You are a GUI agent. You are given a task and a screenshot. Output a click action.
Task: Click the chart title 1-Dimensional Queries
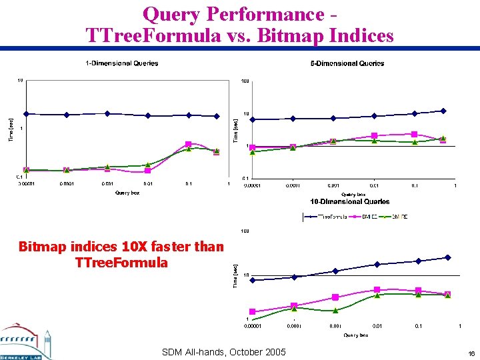(x=121, y=63)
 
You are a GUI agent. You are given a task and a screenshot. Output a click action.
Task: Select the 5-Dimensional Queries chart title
(x=347, y=63)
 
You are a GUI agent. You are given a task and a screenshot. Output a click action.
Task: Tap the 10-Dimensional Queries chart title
(x=350, y=201)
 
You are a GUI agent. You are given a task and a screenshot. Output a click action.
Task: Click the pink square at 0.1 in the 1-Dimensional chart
(x=189, y=144)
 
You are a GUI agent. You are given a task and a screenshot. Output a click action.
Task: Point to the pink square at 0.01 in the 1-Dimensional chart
(x=147, y=171)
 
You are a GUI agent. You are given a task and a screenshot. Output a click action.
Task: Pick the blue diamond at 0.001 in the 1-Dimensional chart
(x=107, y=113)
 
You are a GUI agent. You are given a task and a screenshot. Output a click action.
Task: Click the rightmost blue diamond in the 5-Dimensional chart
(x=443, y=111)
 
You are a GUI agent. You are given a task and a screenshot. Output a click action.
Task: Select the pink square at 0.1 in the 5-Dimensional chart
(x=415, y=134)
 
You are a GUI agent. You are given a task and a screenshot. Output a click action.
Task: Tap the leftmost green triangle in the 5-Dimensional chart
(x=252, y=152)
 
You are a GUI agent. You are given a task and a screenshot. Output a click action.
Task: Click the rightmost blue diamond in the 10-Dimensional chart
(x=448, y=257)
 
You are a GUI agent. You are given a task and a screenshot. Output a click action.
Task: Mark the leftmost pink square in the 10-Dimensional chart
(x=252, y=311)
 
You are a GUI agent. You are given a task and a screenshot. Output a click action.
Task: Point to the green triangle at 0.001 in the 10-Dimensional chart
(x=335, y=311)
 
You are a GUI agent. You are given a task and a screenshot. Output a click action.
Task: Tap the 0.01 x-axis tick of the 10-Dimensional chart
(x=377, y=326)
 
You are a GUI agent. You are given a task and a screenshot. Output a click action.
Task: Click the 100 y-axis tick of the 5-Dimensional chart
(x=245, y=81)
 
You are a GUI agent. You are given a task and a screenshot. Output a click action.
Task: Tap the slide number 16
(x=471, y=353)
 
